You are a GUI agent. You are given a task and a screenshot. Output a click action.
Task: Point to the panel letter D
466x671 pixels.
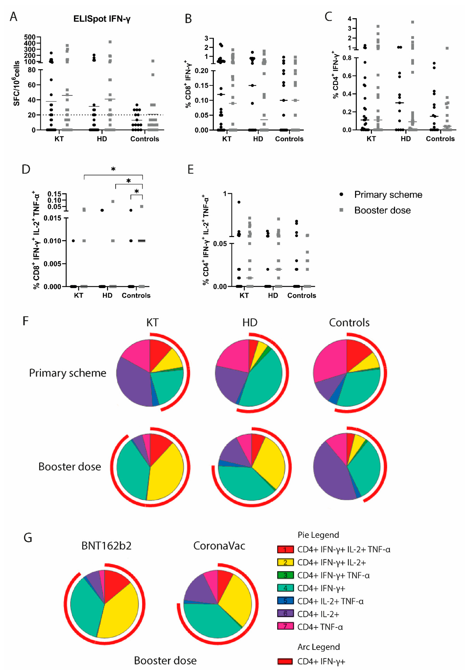point(26,169)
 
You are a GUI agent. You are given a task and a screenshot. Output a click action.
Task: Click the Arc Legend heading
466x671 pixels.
point(318,647)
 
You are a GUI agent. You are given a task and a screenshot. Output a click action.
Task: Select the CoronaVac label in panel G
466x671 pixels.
point(219,546)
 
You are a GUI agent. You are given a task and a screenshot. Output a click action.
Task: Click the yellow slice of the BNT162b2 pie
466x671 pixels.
point(120,611)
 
